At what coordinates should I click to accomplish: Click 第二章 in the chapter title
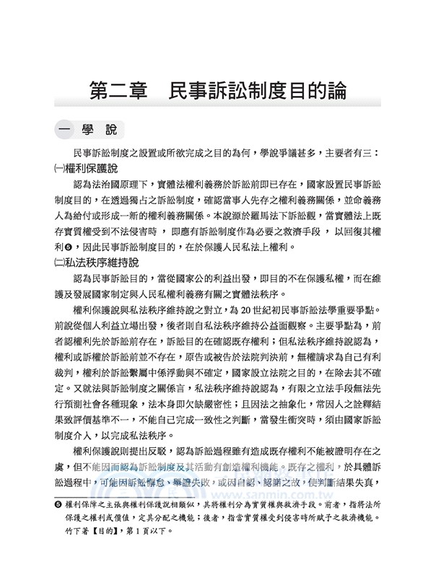point(117,92)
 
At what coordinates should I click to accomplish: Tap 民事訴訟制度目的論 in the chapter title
point(256,92)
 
